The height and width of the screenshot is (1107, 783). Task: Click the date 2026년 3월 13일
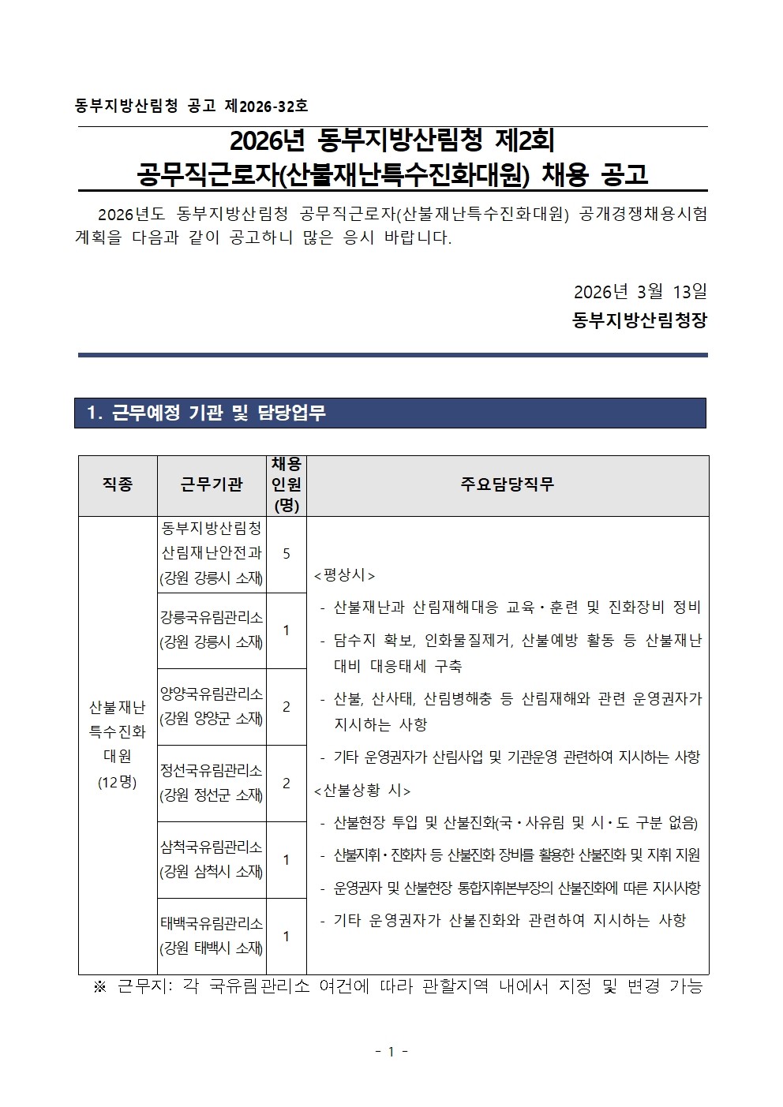point(640,291)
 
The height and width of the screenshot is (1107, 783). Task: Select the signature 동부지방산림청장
point(640,321)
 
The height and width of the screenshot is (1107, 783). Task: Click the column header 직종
point(117,484)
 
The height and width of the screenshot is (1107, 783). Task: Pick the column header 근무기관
point(212,484)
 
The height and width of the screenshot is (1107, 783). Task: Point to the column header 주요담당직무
point(507,484)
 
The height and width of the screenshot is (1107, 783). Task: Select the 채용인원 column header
point(286,484)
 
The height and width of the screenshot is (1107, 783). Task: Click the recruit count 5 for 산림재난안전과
point(286,554)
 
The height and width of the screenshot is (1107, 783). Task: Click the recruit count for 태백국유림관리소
point(286,936)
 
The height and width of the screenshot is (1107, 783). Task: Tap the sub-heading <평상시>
point(345,575)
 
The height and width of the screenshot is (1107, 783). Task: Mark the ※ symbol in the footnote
point(99,987)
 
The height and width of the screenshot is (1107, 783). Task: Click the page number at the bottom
point(391,1052)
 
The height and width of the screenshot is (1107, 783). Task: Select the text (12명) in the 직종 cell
point(117,782)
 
